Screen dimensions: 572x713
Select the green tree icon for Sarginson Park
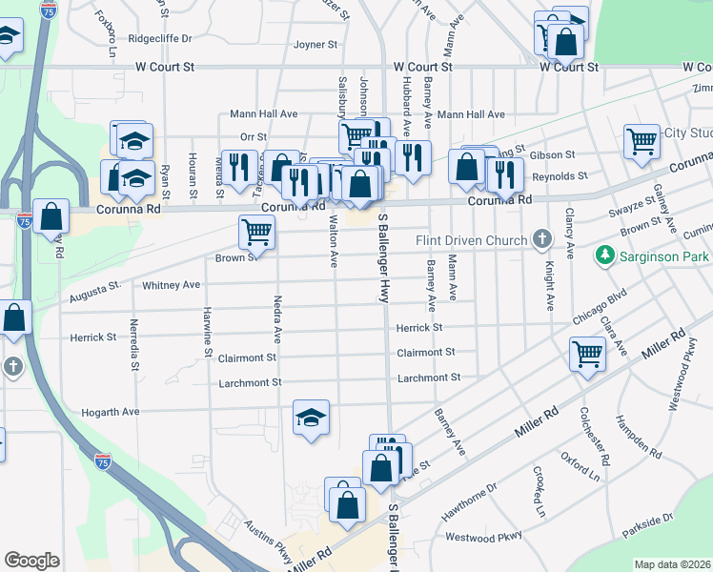(x=603, y=255)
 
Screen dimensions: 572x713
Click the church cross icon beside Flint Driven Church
(x=543, y=238)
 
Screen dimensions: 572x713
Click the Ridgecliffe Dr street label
(x=160, y=39)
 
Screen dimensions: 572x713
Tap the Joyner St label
(x=316, y=45)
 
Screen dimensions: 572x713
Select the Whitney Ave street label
(x=171, y=285)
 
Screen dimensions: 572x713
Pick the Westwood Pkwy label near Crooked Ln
(x=483, y=538)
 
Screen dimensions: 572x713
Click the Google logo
(x=31, y=561)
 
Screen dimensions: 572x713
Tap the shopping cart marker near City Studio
(x=642, y=140)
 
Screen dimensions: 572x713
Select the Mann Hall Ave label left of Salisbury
(x=264, y=114)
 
